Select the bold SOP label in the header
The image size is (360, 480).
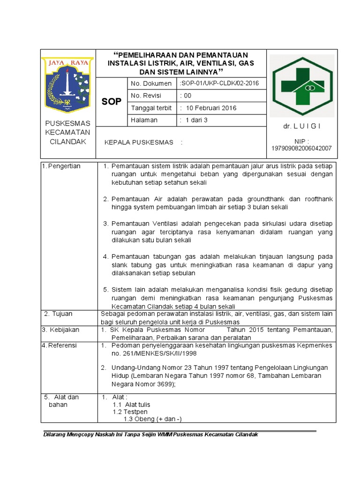click(112, 101)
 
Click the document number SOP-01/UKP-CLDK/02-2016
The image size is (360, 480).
click(219, 83)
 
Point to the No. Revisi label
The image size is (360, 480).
click(146, 96)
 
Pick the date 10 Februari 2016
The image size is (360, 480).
click(211, 108)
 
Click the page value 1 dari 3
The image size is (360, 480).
click(197, 120)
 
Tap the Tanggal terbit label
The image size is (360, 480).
click(151, 108)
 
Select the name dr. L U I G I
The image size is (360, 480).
click(302, 127)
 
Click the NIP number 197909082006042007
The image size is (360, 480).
click(302, 148)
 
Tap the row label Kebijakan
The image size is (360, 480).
click(63, 330)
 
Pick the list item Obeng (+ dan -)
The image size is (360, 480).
click(152, 419)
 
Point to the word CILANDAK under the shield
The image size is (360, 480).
click(68, 142)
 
